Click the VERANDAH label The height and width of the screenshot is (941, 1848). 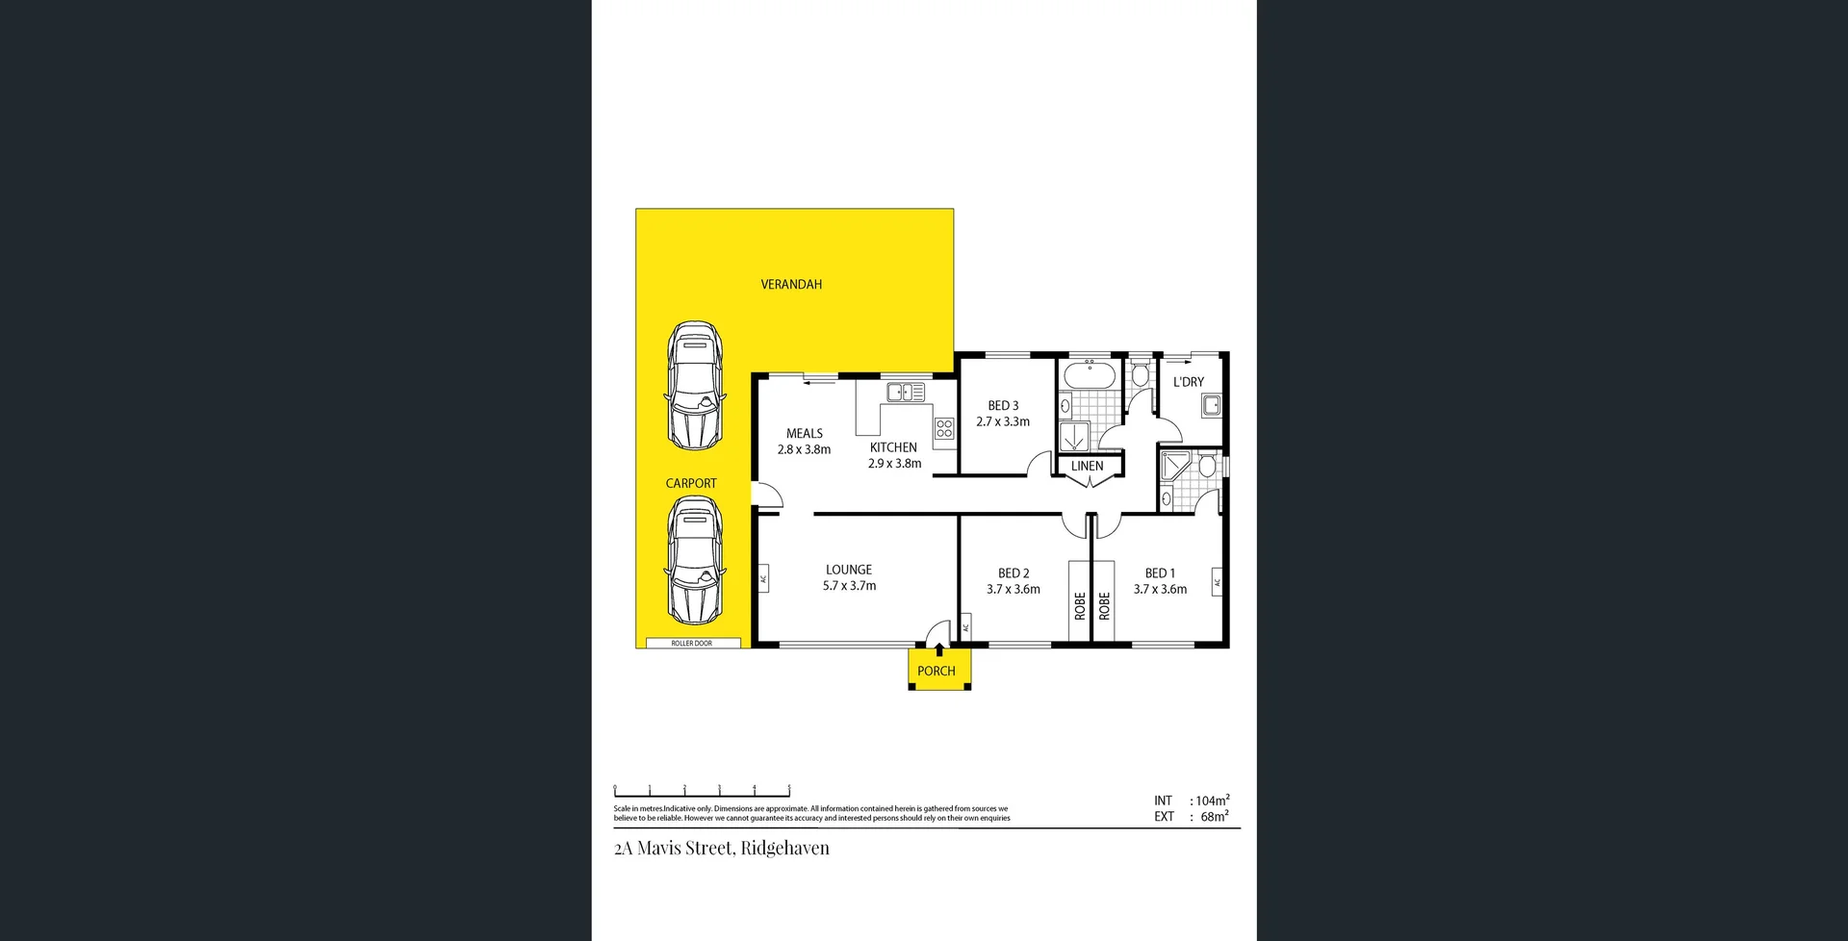[791, 285]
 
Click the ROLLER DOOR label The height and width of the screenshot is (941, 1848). [691, 643]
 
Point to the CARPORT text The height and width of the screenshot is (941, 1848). [691, 483]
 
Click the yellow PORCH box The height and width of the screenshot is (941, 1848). [938, 671]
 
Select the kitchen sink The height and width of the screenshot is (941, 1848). [905, 392]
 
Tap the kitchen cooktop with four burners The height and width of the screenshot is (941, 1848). [944, 428]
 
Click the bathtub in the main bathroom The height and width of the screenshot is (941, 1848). [1090, 374]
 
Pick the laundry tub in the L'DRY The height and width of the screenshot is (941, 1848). [1211, 405]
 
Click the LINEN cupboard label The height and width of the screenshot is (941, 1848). [1087, 466]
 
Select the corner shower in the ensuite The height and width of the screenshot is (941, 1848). [1176, 467]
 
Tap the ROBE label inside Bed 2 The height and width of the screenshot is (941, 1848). [1080, 604]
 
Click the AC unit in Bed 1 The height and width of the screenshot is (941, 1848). [1217, 582]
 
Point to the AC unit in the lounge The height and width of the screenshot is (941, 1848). [763, 578]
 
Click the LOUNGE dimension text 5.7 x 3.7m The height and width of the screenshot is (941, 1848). [849, 586]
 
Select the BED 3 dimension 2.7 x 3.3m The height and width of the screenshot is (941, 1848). [1003, 421]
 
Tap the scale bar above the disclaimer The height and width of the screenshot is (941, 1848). [702, 791]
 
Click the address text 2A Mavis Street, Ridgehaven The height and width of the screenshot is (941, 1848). [721, 848]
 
